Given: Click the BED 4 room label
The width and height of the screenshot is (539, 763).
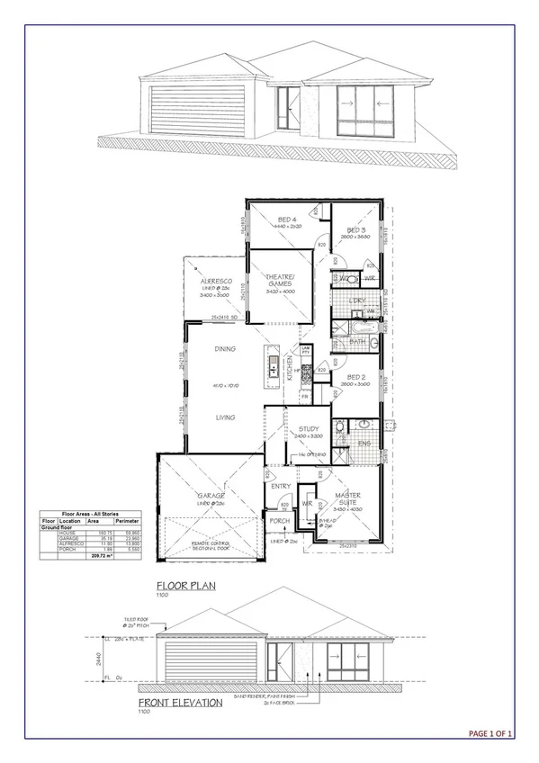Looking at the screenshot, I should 288,220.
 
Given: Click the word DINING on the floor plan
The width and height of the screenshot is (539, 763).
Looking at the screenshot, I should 225,349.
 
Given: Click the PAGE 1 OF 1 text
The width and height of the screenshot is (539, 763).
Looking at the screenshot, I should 490,734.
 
